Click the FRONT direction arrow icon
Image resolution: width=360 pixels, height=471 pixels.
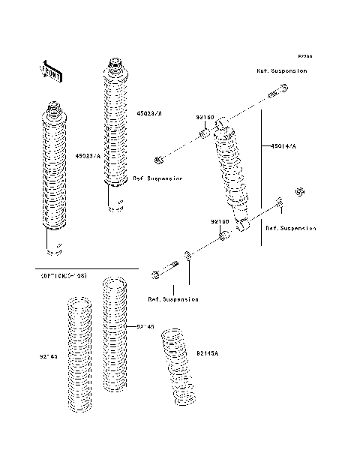pyautogui.click(x=52, y=70)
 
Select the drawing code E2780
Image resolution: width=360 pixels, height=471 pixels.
pyautogui.click(x=304, y=56)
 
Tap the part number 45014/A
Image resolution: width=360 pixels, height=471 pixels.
pyautogui.click(x=283, y=147)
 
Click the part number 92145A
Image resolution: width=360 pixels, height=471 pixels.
pyautogui.click(x=207, y=352)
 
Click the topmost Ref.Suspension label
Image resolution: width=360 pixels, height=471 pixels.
pyautogui.click(x=282, y=70)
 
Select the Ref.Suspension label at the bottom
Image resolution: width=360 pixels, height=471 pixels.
pyautogui.click(x=173, y=298)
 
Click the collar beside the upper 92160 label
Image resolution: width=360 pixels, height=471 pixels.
pyautogui.click(x=203, y=135)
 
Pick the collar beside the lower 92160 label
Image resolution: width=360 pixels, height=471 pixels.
pyautogui.click(x=223, y=238)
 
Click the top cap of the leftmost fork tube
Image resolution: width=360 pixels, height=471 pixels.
pyautogui.click(x=53, y=108)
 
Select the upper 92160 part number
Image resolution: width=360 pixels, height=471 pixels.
pyautogui.click(x=205, y=118)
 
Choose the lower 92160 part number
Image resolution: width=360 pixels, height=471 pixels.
pyautogui.click(x=218, y=222)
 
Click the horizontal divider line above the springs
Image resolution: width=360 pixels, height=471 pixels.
pyautogui.click(x=86, y=268)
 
